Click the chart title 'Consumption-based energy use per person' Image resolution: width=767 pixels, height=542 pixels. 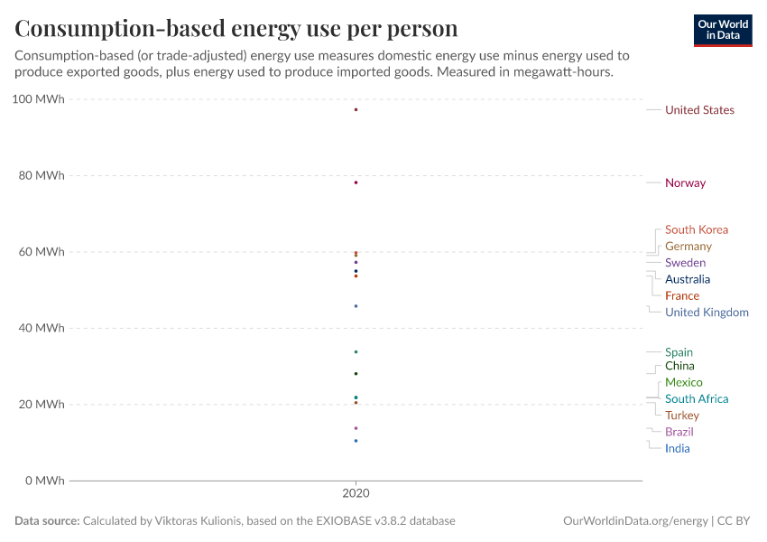236,29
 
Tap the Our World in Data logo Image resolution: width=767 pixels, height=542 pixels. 722,30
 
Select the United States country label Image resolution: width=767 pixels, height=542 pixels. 699,110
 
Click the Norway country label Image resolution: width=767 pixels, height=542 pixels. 685,183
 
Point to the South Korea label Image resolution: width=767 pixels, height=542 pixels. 696,230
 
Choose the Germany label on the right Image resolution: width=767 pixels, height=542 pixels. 688,247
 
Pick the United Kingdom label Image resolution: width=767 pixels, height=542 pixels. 707,313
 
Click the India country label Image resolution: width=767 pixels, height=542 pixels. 677,449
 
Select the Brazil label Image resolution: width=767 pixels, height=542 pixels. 679,433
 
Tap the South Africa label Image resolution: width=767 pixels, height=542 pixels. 696,399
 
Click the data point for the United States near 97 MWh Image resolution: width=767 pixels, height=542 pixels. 356,109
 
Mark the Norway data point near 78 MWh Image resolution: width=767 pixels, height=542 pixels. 356,182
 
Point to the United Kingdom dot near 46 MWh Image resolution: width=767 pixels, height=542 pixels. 356,306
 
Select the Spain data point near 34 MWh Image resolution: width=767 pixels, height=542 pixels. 356,351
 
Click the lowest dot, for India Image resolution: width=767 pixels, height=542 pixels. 356,441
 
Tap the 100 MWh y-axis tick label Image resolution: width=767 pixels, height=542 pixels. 39,99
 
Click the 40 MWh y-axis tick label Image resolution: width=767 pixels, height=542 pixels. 42,328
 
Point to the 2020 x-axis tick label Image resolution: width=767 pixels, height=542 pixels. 356,494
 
